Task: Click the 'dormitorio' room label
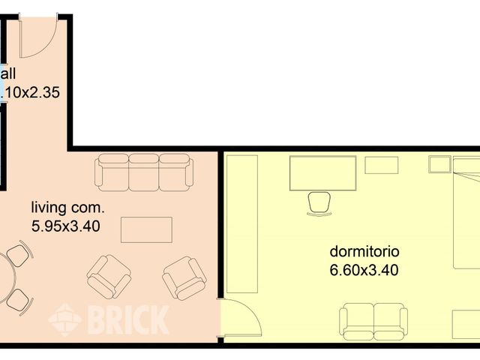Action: [364, 251]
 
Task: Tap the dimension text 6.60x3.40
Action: [364, 269]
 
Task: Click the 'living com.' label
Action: [67, 208]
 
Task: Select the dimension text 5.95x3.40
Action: [66, 225]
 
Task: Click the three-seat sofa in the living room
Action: [143, 172]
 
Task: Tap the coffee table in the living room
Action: [146, 229]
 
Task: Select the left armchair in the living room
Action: [109, 276]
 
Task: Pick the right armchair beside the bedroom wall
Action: [184, 277]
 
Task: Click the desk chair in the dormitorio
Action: [319, 202]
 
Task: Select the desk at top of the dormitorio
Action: [322, 172]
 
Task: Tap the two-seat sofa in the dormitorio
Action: [374, 320]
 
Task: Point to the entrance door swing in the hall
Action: [37, 37]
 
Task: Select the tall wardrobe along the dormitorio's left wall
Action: [241, 225]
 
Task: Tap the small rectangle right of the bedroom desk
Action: [382, 165]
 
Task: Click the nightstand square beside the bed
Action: [439, 164]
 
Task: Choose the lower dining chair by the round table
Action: [19, 301]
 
